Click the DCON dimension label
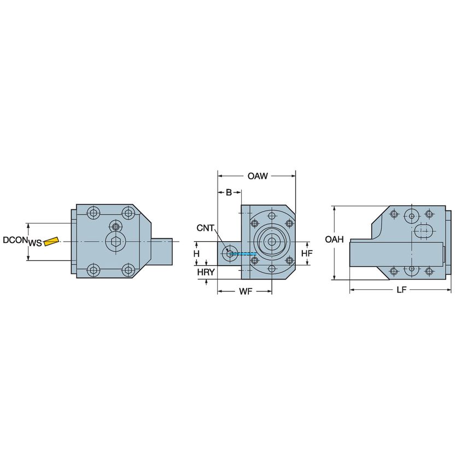15,240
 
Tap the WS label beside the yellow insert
35,242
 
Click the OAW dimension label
258,176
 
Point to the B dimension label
229,192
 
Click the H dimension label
196,254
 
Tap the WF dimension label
245,291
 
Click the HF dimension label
307,253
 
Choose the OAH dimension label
334,240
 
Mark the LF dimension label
401,290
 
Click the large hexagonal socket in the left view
116,242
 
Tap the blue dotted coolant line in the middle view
244,253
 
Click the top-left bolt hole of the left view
95,213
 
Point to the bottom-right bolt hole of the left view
129,270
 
